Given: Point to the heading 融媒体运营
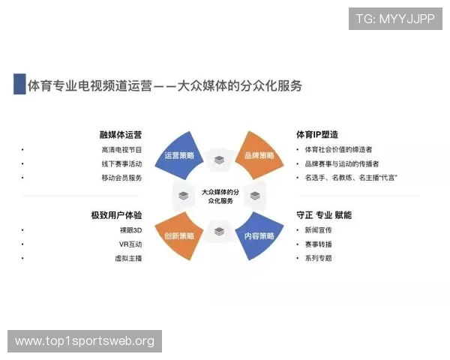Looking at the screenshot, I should click(x=121, y=136).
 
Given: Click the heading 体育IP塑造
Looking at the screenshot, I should click(x=317, y=136).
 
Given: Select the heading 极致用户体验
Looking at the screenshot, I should click(x=116, y=216).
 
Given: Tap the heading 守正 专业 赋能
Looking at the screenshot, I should click(x=324, y=216).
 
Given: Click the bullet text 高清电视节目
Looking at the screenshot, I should click(x=121, y=150).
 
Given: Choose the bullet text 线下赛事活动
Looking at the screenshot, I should click(x=121, y=163).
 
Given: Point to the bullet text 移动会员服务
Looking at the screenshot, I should click(x=121, y=178).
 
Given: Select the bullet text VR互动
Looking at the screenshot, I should click(x=130, y=244).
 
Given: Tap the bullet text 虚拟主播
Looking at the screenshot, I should click(x=130, y=259).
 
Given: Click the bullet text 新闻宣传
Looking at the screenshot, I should click(x=318, y=230).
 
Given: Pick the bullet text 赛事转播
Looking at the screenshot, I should click(x=318, y=244).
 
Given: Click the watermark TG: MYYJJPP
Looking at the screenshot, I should click(x=395, y=19).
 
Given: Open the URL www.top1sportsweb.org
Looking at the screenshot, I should click(x=84, y=341).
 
